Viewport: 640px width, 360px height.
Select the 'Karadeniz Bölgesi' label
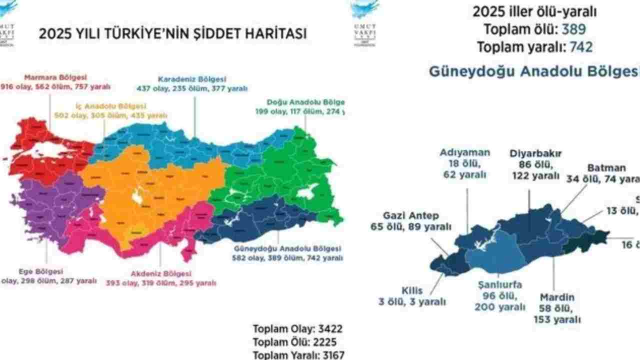[192, 79]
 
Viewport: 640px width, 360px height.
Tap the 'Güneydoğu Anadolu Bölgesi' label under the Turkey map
[287, 248]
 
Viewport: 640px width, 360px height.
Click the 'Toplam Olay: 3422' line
[297, 329]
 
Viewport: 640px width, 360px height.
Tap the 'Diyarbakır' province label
[536, 153]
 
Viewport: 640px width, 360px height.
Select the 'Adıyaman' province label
[465, 152]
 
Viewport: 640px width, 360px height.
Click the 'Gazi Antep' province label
[411, 215]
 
